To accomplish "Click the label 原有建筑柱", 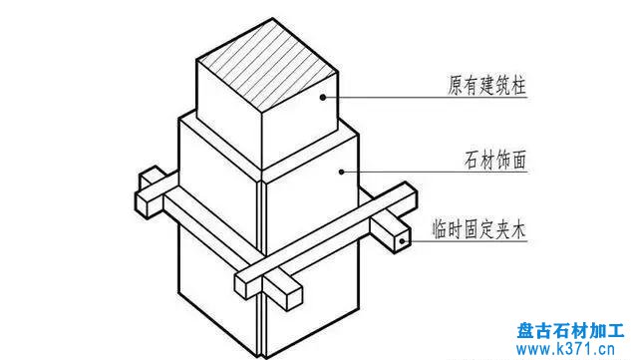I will [484, 87].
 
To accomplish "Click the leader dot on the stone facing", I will [342, 170].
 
